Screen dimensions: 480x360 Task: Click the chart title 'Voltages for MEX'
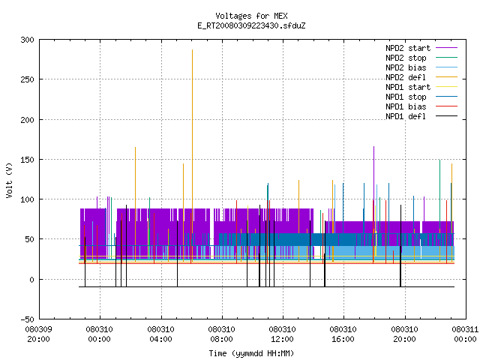(251, 16)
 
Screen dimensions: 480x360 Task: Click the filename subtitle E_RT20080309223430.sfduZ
(251, 25)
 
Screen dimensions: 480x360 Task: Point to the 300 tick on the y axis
(27, 40)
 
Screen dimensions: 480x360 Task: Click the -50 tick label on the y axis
(27, 319)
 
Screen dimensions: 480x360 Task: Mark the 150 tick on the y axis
(27, 160)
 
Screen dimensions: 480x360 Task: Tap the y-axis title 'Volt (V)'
(9, 180)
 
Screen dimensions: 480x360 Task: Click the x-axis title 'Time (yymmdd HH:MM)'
(251, 353)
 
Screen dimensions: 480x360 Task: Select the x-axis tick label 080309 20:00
(38, 334)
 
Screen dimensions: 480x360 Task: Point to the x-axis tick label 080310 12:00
(282, 334)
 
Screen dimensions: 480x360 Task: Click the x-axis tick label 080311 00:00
(465, 334)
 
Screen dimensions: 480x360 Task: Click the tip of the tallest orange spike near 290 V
(192, 49)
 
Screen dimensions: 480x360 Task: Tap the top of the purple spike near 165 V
(373, 147)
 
